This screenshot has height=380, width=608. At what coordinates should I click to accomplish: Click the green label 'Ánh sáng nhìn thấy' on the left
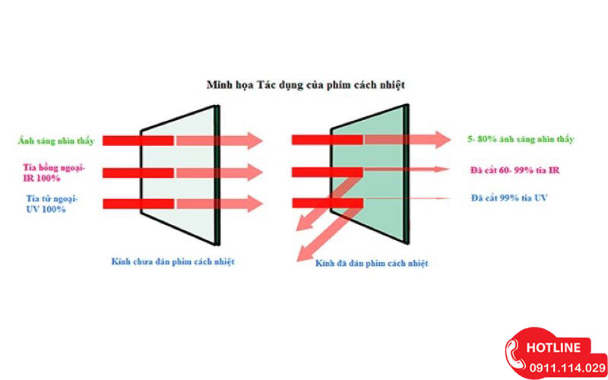[x=57, y=141]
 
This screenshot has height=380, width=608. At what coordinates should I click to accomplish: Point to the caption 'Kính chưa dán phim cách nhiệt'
[x=173, y=261]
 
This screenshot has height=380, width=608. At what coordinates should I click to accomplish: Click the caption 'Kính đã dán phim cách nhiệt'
[x=372, y=263]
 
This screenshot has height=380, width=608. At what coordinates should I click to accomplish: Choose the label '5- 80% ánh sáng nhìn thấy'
[x=521, y=140]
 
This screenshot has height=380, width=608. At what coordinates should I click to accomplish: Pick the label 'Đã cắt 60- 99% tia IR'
[x=515, y=169]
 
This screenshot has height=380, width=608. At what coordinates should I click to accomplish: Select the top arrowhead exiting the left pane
[x=254, y=141]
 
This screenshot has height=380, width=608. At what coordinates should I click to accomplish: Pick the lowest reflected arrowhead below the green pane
[x=305, y=255]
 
